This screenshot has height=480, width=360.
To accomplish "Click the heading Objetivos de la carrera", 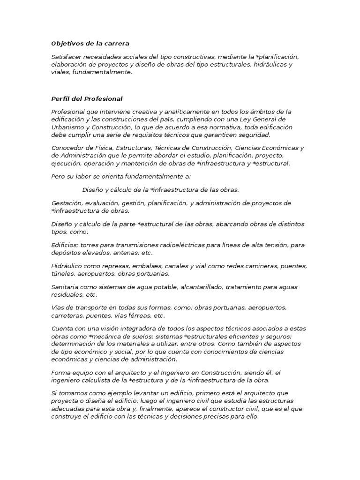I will pyautogui.click(x=90, y=44).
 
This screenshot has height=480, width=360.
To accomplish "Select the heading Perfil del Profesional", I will pyautogui.click(x=87, y=99).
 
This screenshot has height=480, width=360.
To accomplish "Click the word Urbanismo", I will pyautogui.click(x=68, y=127).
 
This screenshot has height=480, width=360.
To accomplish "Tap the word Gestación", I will pyautogui.click(x=67, y=203).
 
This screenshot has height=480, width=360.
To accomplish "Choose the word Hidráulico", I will pyautogui.click(x=68, y=266).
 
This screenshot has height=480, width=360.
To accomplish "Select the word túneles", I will pyautogui.click(x=62, y=273).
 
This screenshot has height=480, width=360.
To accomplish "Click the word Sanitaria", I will pyautogui.click(x=66, y=287).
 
